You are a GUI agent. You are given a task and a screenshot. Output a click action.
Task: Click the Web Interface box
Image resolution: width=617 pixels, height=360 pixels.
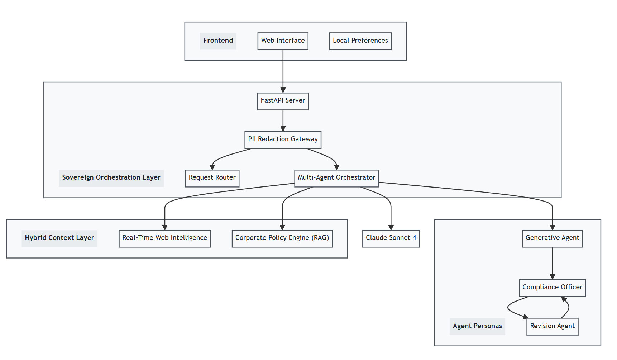pos(283,41)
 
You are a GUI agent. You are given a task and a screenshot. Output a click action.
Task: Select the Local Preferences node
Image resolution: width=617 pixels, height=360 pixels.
pos(360,41)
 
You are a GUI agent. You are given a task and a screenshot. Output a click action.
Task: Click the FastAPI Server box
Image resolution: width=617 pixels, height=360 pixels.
pos(283,101)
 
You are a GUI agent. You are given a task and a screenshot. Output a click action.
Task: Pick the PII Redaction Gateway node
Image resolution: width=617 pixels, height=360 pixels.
pos(283,139)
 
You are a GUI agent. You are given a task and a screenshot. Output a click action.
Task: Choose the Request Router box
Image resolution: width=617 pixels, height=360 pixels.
pos(212,178)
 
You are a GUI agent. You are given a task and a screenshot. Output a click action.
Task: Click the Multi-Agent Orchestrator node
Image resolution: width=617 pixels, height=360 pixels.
pos(336,178)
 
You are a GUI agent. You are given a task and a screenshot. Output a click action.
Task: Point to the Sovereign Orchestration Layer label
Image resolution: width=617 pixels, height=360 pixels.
pos(111,178)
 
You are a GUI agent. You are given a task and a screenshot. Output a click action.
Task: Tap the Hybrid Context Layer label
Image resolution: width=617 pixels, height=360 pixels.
pos(59,238)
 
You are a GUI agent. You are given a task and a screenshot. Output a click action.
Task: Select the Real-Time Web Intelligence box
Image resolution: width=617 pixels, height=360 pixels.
pos(164,238)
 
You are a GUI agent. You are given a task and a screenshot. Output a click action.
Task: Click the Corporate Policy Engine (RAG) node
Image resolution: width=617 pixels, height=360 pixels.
pos(282,238)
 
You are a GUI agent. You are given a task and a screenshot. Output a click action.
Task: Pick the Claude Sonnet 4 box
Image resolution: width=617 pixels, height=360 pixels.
pos(391,238)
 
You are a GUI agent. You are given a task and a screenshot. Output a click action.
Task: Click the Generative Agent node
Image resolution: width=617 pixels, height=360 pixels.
pos(552,238)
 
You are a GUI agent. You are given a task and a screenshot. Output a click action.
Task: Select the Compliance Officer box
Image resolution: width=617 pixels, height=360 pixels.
pos(552,288)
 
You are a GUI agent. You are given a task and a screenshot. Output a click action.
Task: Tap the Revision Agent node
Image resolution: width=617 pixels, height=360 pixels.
pos(552,326)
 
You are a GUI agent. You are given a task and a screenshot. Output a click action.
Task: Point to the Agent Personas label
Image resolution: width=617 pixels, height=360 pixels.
pos(477,326)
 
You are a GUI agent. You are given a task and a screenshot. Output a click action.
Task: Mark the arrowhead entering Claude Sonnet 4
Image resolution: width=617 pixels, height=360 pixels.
pos(391,227)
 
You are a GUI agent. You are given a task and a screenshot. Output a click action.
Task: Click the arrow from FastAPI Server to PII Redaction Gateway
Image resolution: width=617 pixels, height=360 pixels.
pos(283,120)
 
